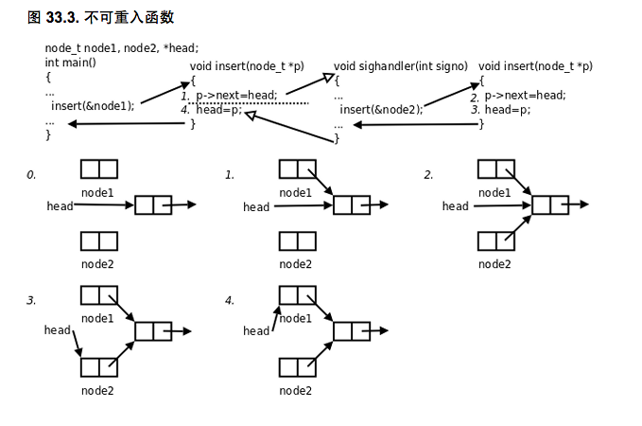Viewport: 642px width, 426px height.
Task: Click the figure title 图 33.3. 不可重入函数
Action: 101,17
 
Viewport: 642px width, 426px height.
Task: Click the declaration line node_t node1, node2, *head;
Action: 121,48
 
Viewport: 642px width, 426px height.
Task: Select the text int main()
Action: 71,62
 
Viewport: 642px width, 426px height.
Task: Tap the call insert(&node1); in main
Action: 93,105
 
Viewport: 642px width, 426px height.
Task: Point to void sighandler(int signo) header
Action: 401,66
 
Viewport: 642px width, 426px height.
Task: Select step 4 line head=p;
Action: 219,110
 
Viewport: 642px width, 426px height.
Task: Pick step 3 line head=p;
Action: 507,110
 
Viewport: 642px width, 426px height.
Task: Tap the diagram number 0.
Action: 31,175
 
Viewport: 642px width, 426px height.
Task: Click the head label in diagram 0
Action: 60,205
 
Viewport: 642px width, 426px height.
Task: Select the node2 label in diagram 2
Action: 495,264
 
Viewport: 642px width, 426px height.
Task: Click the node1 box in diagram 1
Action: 297,169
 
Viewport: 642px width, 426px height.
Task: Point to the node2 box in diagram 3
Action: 98,366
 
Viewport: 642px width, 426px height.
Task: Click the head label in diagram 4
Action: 256,330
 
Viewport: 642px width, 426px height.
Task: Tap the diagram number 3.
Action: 31,301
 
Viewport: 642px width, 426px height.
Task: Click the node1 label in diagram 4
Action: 296,319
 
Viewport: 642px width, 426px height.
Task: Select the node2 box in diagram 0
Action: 98,240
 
